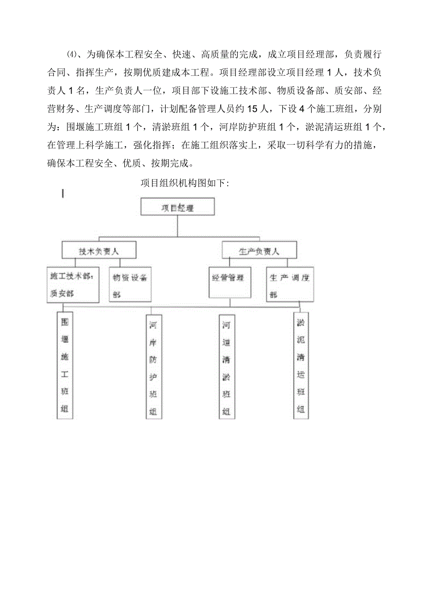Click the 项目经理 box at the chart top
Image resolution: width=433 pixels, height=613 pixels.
coord(177,207)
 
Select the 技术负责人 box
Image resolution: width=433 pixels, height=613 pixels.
coord(99,251)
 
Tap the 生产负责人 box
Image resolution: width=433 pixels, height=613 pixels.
coord(259,251)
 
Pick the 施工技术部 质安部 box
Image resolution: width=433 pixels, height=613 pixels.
coord(73,285)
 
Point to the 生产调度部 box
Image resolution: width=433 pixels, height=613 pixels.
coord(290,285)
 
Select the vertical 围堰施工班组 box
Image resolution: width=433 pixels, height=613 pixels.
coord(64,365)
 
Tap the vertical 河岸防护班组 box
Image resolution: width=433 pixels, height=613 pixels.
coord(153,367)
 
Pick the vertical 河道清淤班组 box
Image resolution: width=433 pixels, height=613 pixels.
coord(226,367)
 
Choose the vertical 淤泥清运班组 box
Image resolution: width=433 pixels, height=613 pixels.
coord(300,365)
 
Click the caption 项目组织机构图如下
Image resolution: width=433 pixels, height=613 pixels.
coord(185,183)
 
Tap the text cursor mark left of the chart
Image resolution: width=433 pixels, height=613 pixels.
coord(63,193)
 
